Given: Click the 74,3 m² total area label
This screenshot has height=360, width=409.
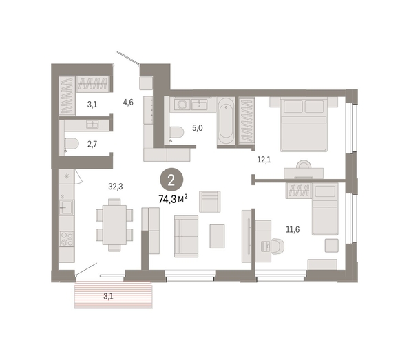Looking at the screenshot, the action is [x=173, y=199].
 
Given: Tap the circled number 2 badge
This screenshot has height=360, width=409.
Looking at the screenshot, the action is [x=171, y=180].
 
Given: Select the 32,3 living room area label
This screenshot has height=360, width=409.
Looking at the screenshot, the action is [x=116, y=187].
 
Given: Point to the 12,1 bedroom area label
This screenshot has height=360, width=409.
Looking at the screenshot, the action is [x=264, y=160].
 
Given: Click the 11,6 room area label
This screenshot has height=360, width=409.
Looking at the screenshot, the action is [x=293, y=229].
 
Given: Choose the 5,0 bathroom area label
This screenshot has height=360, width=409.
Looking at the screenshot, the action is [x=198, y=128].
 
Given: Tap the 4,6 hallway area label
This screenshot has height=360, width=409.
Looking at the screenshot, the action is [x=128, y=103].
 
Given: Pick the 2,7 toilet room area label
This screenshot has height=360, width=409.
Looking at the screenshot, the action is [x=92, y=144].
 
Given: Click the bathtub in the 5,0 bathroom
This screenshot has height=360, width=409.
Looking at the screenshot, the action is [x=226, y=120].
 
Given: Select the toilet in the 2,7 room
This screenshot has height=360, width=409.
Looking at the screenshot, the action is [x=71, y=144].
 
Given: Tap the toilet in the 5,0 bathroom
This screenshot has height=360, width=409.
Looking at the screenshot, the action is [x=176, y=133].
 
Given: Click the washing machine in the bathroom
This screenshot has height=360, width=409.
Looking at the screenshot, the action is [x=181, y=104].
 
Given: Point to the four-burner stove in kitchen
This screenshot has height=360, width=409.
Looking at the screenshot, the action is [x=67, y=239].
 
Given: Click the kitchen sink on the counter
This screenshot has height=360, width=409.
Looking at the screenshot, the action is [x=67, y=207].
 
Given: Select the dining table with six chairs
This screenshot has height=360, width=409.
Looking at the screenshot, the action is [x=114, y=225].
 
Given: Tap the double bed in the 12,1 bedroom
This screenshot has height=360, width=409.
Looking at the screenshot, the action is [x=304, y=125].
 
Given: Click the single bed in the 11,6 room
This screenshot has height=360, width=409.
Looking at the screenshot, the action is [x=325, y=209].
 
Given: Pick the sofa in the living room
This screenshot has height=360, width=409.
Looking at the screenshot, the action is [x=186, y=236].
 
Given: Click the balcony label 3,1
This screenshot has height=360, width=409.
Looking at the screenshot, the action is [x=108, y=297].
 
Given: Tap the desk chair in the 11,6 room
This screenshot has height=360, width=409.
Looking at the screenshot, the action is [x=277, y=246].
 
